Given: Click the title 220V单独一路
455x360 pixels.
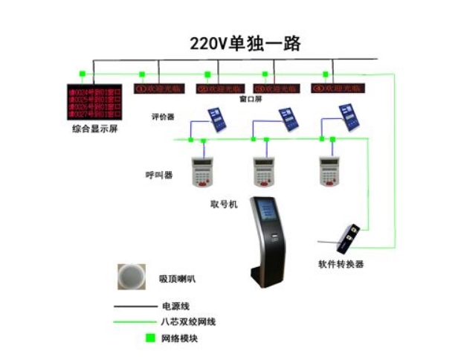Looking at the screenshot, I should tap(245, 43).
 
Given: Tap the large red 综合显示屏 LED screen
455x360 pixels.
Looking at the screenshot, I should tap(94, 102).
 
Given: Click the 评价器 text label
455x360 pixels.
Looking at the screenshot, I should tap(162, 117).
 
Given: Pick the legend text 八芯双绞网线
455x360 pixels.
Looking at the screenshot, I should tap(183, 321).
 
